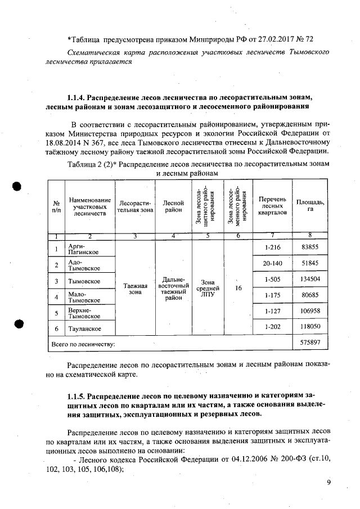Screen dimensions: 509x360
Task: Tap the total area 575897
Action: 310,343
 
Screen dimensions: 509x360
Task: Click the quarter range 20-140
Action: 272,263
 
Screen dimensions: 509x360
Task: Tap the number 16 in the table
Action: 238,288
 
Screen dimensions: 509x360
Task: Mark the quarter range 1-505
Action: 272,279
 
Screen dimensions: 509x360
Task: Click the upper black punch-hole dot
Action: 19,187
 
